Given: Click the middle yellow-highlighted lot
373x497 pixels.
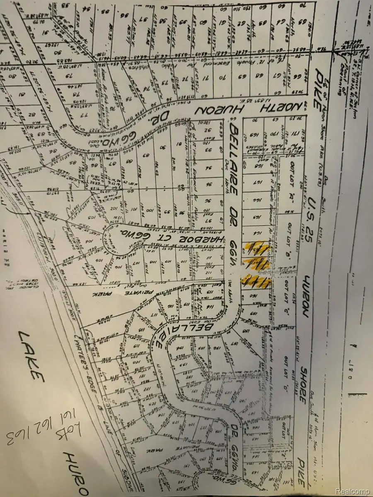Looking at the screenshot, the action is pos(257,264).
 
